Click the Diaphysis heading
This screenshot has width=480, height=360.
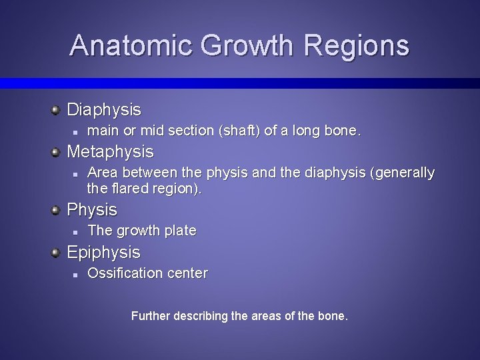pos(104,109)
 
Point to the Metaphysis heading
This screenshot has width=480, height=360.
pos(111,151)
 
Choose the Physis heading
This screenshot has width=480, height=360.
pos(92,209)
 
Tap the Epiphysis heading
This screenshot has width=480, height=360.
pos(104,252)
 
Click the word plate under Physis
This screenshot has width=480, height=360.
pos(180,231)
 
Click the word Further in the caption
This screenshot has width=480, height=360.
pos(151,315)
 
